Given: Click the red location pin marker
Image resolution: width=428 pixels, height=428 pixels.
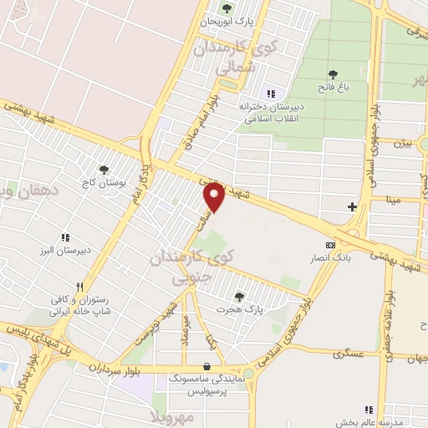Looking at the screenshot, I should coord(215,196).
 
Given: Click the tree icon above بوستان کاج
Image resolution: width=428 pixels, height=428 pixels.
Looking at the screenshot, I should coord(104,169).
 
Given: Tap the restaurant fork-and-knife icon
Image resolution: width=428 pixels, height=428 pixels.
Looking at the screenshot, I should coord(81,285).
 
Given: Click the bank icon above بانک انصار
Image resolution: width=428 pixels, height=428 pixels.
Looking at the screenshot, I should coord(330,245).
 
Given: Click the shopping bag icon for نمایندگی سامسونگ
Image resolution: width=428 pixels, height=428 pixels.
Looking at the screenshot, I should coord(206,366).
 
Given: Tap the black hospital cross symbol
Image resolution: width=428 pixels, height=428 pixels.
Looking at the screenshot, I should coord(352,206).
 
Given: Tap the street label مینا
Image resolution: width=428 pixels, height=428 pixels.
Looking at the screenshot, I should coord(393,200).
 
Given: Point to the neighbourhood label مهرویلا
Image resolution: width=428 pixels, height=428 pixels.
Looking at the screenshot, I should coord(172,415).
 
